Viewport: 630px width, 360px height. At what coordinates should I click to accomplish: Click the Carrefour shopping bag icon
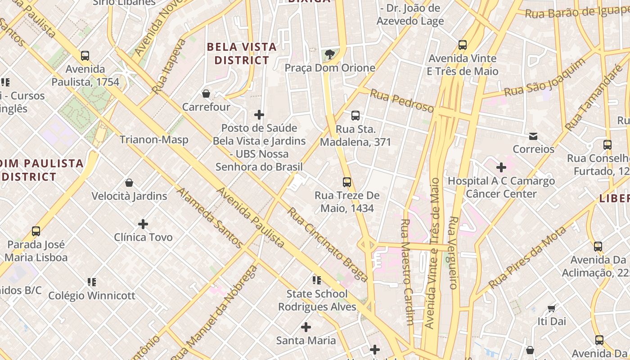point(206,94)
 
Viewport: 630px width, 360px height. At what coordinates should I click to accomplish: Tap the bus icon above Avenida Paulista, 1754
point(85,56)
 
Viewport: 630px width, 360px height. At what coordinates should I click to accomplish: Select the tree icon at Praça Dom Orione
point(330,54)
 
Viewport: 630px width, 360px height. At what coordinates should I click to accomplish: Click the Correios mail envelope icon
point(533,136)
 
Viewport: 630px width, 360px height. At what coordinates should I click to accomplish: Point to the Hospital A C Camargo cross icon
point(501,168)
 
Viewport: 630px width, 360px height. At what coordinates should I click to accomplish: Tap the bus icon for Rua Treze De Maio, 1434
point(347,182)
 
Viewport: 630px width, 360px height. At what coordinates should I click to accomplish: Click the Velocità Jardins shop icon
point(129,183)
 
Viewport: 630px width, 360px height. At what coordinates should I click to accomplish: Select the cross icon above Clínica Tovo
point(143,224)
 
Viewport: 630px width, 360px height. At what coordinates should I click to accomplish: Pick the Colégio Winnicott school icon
point(92,282)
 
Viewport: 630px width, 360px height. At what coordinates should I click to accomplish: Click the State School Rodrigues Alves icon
point(317,280)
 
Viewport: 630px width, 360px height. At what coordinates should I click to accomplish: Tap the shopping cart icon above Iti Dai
point(552,308)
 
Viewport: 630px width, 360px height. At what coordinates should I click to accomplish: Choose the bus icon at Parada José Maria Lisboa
point(36,231)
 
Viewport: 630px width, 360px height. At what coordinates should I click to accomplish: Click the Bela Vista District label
point(242,54)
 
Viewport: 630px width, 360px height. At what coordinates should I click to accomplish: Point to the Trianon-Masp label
point(154,140)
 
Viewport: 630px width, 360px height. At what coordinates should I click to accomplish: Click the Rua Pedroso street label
point(401,100)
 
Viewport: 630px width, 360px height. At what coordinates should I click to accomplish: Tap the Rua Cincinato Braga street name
point(328,244)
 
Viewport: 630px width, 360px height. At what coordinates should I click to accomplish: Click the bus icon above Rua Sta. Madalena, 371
point(355,116)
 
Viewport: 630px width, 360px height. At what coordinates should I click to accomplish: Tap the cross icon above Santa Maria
point(306,327)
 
